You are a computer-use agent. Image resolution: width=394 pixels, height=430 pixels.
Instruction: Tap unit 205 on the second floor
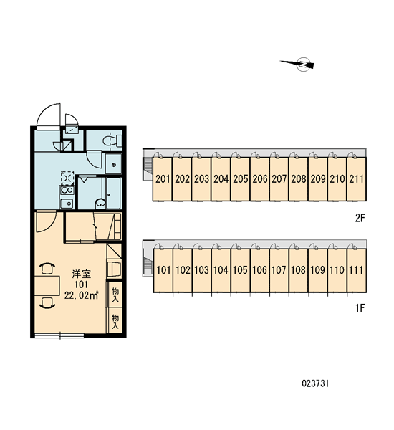click(x=240, y=179)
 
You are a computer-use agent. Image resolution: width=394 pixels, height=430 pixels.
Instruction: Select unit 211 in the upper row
click(x=357, y=179)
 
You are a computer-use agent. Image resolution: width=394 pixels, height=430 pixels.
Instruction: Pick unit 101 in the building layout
click(x=163, y=270)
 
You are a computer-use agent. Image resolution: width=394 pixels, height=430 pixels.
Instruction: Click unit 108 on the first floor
click(x=298, y=270)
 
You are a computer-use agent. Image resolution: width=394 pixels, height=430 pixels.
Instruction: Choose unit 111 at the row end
click(x=357, y=270)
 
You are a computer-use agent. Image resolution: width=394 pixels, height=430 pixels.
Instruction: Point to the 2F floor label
click(x=360, y=219)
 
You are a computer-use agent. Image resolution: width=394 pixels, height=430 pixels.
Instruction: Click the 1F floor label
click(x=360, y=308)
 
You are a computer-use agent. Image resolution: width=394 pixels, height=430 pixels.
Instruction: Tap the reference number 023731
click(x=315, y=383)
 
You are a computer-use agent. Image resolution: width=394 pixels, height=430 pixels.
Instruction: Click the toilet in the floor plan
click(x=112, y=141)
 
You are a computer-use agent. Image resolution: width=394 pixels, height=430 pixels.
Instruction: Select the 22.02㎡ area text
click(x=82, y=295)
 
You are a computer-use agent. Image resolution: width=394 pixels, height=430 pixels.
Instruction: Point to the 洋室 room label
click(x=81, y=274)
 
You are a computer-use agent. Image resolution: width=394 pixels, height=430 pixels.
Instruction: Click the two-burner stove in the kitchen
click(x=67, y=190)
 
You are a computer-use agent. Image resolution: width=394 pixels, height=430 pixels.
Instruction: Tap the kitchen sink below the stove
click(x=67, y=204)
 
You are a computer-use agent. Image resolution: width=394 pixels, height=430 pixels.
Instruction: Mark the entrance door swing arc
click(x=49, y=115)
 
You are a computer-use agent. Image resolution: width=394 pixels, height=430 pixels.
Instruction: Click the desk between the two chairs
click(x=47, y=286)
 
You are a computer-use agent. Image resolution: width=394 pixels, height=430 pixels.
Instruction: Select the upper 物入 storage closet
click(x=115, y=295)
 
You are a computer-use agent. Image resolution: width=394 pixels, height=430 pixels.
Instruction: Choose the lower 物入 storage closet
click(x=115, y=321)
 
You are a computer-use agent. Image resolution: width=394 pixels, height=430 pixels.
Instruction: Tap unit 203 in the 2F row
click(x=201, y=179)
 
